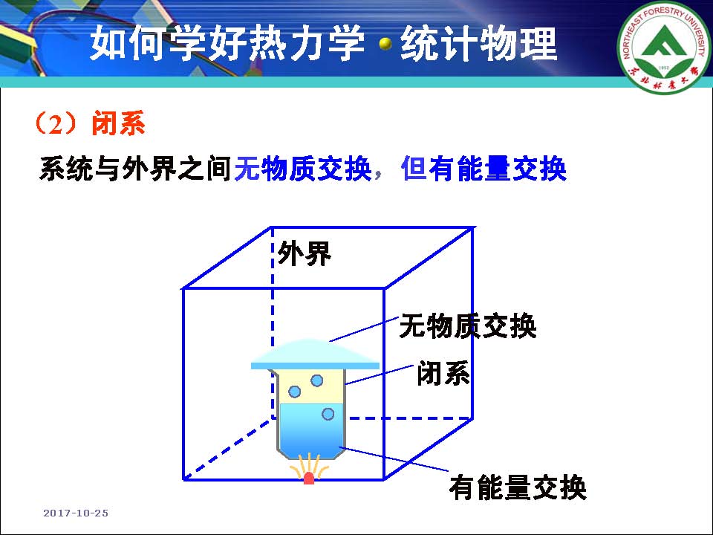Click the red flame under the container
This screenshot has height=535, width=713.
(309, 478)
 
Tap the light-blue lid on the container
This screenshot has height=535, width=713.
(315, 355)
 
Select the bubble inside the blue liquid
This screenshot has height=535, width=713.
(328, 414)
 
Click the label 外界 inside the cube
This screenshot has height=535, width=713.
(305, 253)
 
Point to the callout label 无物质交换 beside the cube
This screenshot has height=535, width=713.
(468, 326)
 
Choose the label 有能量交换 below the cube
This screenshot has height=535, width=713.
(518, 487)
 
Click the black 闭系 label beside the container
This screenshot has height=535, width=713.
(443, 374)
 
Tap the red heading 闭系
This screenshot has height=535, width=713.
(118, 123)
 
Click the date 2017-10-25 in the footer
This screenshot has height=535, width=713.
(76, 513)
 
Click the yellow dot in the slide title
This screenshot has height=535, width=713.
(385, 44)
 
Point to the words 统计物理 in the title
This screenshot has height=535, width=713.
(478, 44)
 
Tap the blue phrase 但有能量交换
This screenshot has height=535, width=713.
(484, 169)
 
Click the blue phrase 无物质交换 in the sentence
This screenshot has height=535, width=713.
(303, 169)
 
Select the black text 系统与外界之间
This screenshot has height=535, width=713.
(135, 169)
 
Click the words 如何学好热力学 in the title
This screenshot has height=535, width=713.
(227, 44)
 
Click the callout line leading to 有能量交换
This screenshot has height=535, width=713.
(394, 459)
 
